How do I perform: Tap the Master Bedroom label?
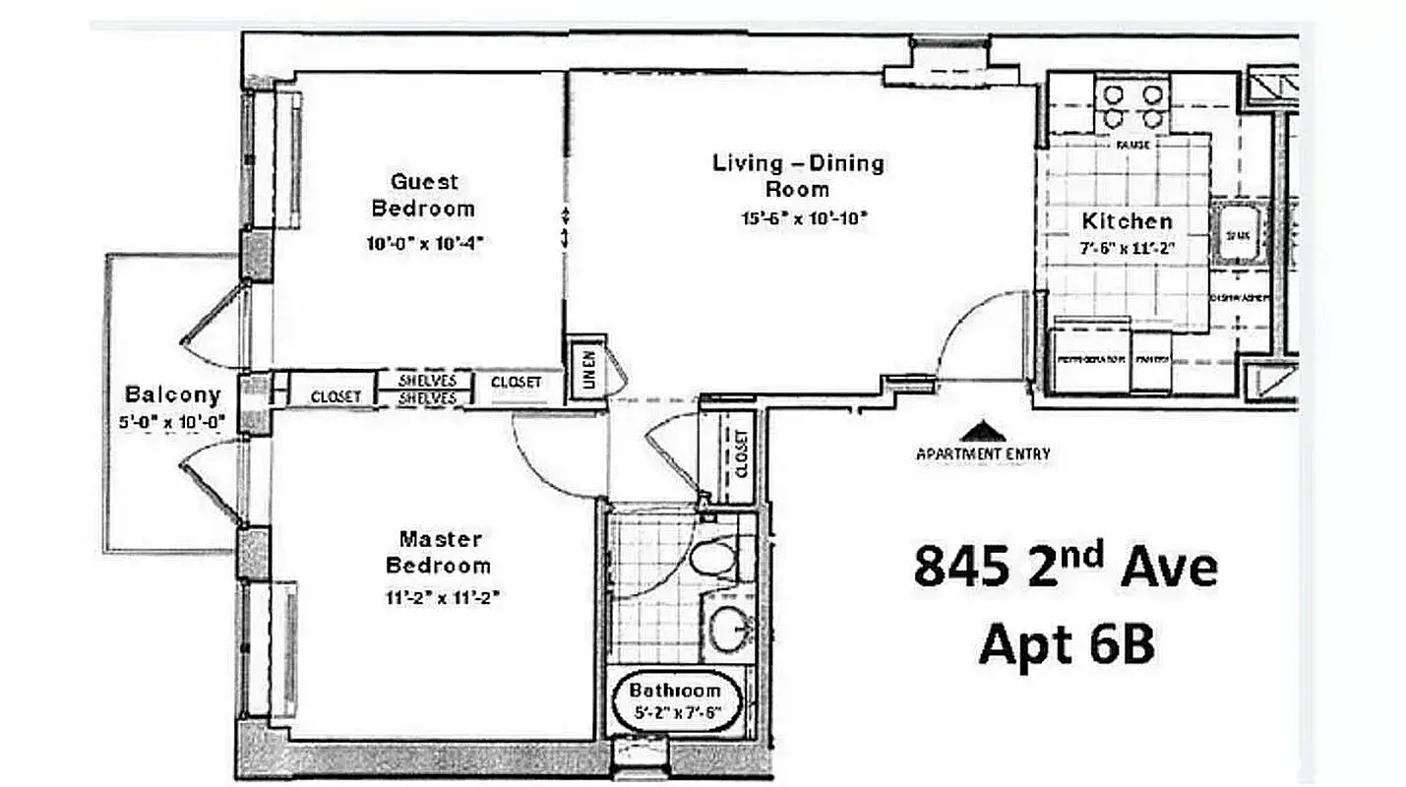pos(439,552)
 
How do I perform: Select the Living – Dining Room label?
pos(798,175)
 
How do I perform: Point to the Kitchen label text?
pos(1127,221)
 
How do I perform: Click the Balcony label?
pos(172,394)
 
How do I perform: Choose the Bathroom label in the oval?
pos(675,690)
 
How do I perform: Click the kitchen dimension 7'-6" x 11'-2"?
pos(1127,249)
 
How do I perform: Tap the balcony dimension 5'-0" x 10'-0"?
pos(171,422)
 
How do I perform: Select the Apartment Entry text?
pos(982,454)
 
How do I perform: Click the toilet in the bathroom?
pos(713,558)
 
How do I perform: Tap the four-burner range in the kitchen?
pos(1132,106)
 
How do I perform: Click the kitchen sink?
pos(1236,234)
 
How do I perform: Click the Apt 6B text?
pos(1065,644)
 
